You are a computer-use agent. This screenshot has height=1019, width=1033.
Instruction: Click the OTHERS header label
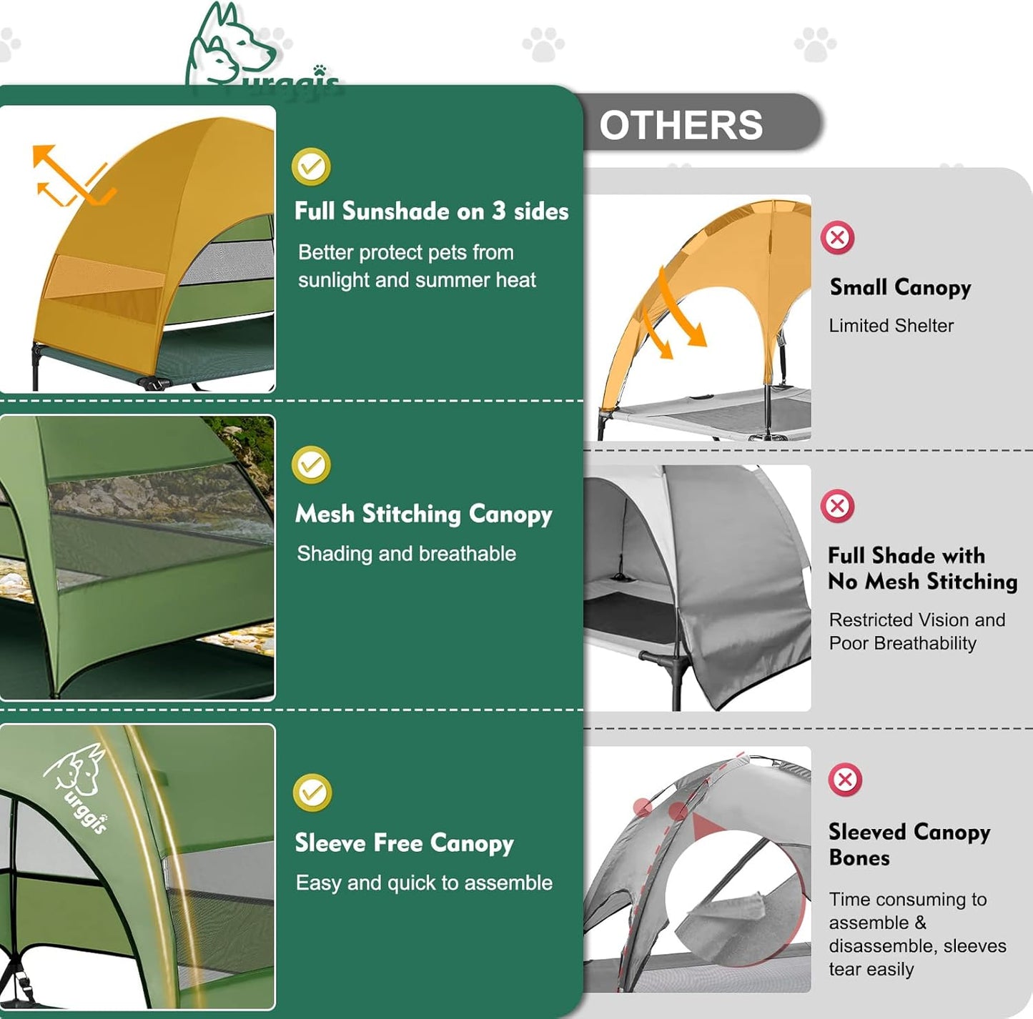coord(681,125)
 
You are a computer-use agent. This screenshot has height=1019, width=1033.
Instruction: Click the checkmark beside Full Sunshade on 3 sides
coord(311,166)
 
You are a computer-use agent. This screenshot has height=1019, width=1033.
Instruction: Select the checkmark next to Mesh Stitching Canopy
coord(311,465)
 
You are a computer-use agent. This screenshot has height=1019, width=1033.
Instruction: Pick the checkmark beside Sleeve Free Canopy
coord(312,792)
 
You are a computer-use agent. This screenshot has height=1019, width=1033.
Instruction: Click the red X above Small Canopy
coord(837,237)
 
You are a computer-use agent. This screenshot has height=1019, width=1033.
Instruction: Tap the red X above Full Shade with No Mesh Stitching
coord(837,506)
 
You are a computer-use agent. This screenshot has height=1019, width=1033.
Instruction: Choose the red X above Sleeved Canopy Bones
coord(845,779)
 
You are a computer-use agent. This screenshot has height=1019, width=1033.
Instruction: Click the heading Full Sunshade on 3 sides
coord(431,212)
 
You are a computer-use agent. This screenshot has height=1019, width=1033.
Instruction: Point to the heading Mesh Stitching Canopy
coord(423,514)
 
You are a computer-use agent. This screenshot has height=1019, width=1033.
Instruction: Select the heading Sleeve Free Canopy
coord(404,843)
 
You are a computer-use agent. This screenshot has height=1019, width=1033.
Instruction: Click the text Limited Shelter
coord(891,326)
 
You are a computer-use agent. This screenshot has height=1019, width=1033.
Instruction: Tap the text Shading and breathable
coord(406,554)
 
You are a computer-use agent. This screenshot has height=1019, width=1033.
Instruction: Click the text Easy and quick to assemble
coord(424,883)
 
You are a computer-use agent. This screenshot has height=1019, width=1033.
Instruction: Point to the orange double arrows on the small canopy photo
coord(676,314)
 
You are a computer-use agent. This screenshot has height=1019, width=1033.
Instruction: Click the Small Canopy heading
coord(900,287)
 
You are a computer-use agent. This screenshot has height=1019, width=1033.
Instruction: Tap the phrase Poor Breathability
coord(902,643)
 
